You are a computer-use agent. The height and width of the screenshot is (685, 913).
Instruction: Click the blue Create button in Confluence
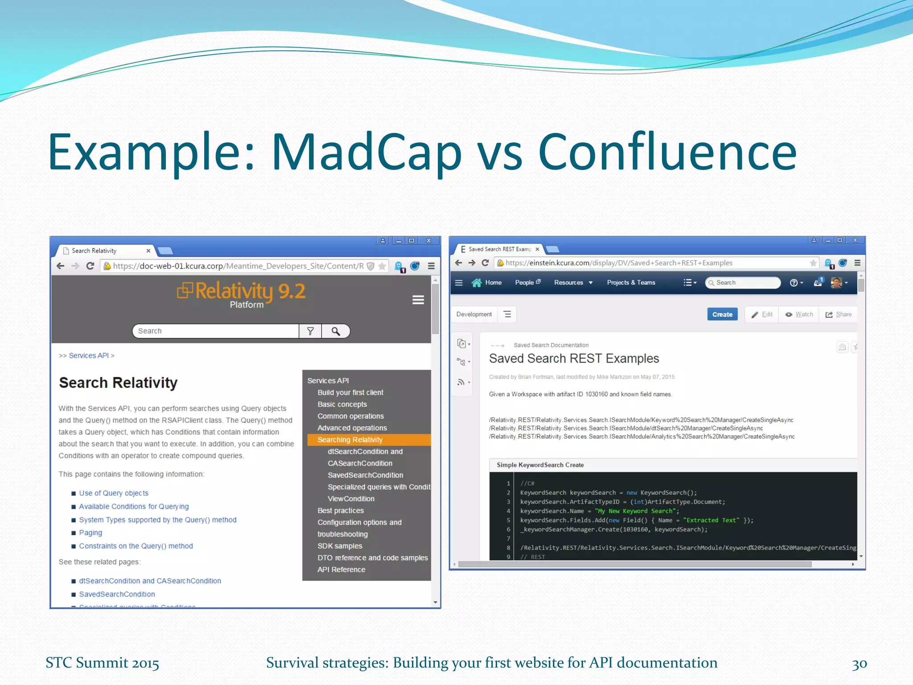(722, 314)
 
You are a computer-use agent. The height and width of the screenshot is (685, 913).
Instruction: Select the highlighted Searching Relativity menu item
(350, 440)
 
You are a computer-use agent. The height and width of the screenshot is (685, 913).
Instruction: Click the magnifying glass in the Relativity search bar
(336, 331)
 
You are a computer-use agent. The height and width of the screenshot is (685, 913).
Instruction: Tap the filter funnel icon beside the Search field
(310, 331)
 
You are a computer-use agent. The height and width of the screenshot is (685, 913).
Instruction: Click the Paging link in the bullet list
(90, 532)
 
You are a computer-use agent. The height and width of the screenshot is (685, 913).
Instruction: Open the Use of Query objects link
(114, 493)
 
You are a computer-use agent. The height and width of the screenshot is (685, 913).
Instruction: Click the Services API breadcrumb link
(89, 355)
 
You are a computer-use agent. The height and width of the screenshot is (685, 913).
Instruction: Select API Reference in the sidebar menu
(341, 569)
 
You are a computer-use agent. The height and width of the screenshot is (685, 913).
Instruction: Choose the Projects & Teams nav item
(631, 282)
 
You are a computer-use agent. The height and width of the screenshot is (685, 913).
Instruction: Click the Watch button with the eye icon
(799, 314)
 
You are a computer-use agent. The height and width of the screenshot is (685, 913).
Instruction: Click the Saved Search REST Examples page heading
(574, 359)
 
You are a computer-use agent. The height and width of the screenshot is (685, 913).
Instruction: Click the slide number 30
(859, 664)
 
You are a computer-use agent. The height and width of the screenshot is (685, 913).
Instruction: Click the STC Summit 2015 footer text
(102, 663)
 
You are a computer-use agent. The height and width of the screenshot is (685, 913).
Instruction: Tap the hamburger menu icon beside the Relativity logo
(418, 300)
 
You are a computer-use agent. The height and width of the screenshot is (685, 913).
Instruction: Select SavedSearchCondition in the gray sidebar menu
(365, 475)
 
